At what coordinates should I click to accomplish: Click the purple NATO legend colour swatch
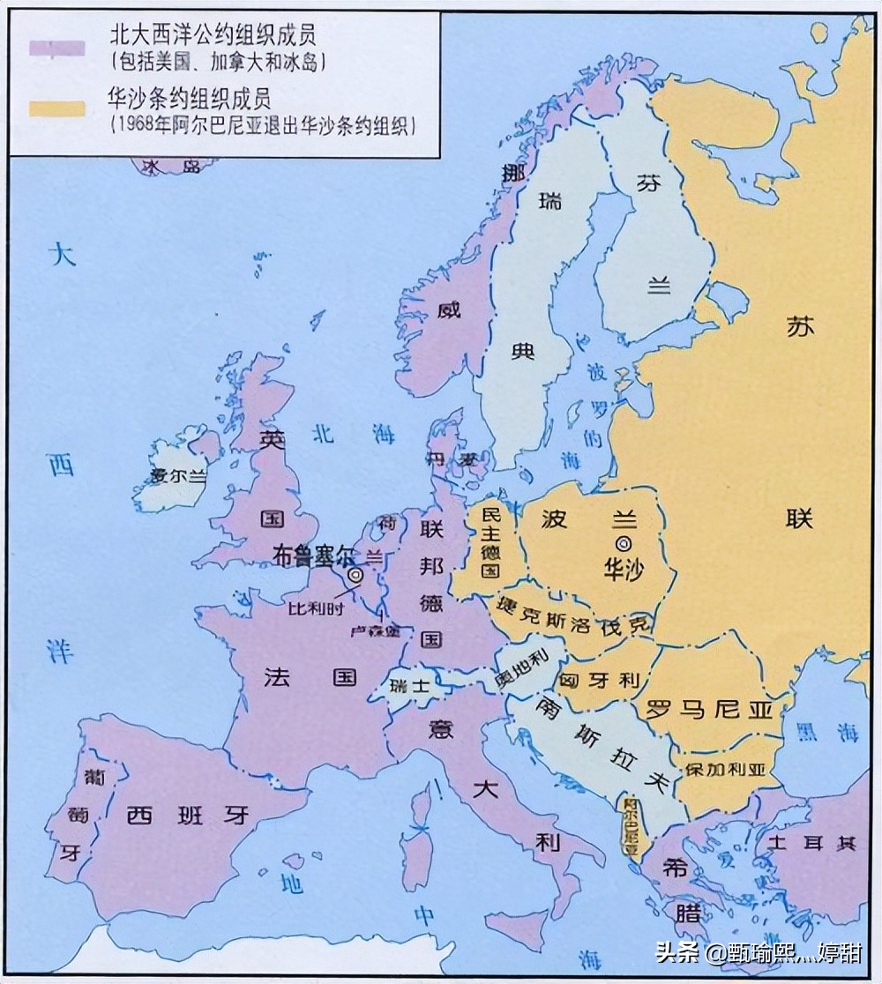point(57,48)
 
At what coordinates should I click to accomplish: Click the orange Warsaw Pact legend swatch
point(57,108)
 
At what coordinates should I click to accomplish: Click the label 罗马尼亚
point(708,709)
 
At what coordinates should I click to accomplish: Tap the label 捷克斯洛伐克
point(571,611)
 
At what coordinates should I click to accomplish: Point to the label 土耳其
point(811,843)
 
